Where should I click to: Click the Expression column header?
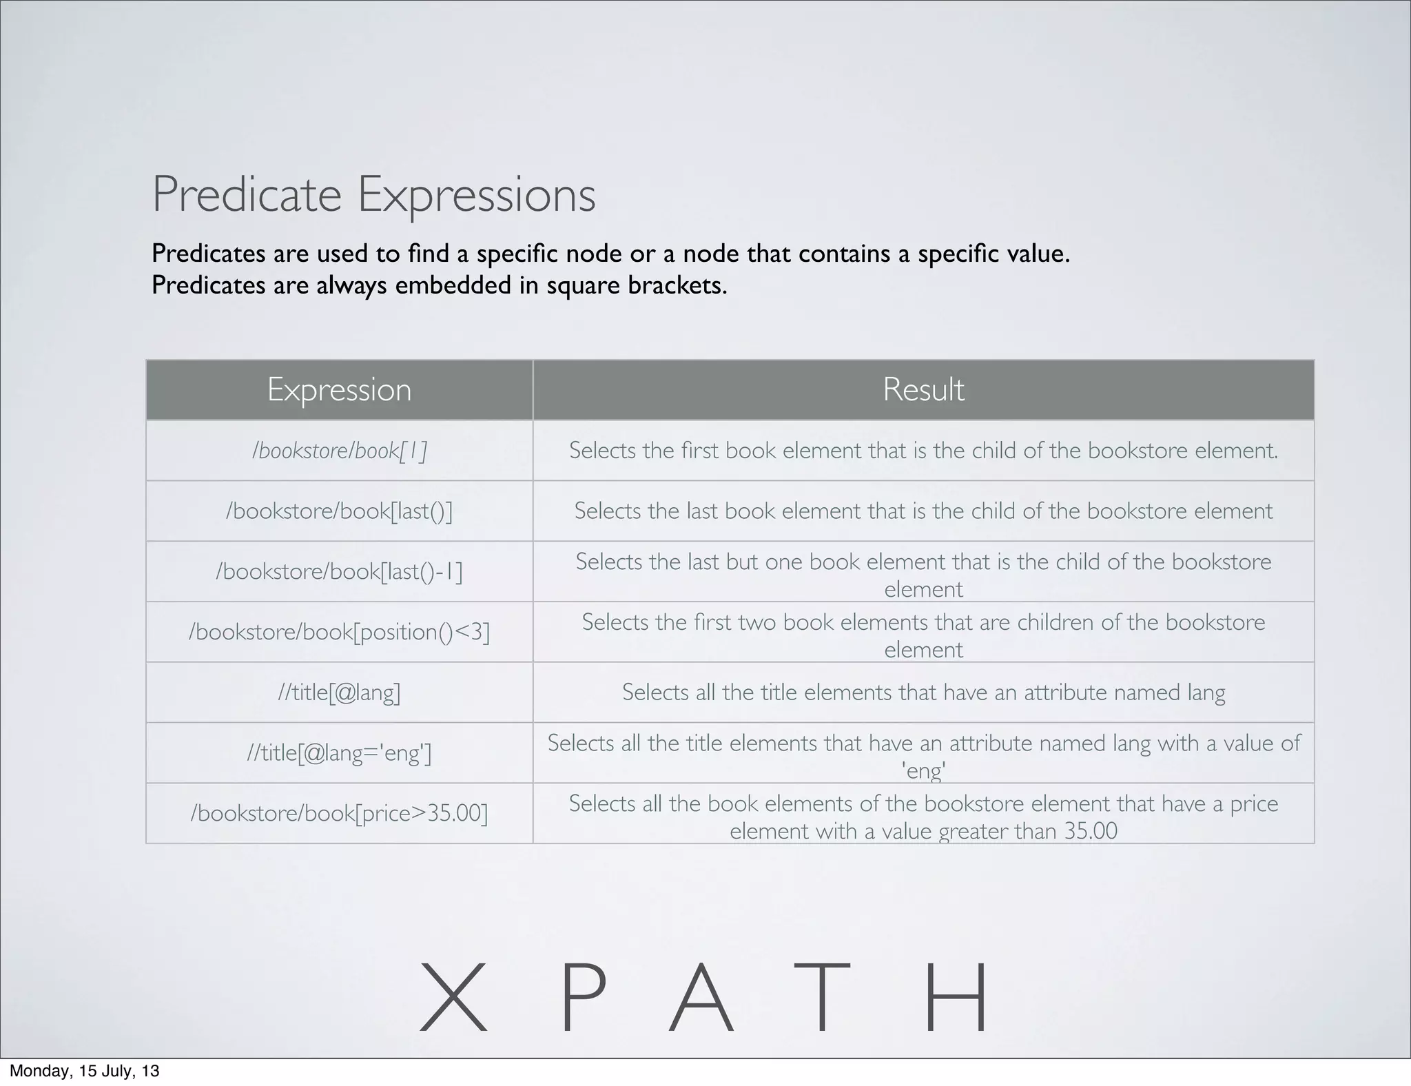coord(339,390)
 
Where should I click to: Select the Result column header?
coord(923,390)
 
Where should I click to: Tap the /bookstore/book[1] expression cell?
coord(339,451)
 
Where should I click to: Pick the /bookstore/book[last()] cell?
coord(339,511)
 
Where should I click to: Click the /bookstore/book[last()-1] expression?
coord(339,572)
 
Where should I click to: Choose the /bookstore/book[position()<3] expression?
coord(339,632)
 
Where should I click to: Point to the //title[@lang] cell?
coord(339,693)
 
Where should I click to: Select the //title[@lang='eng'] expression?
coord(339,753)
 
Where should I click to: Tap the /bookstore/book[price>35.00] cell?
coord(339,814)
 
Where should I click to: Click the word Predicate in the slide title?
coord(246,195)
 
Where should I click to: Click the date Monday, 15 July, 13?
coord(84,1071)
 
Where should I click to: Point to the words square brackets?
coord(637,285)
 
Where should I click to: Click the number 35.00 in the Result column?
coord(1090,831)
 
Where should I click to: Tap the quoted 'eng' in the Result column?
coord(923,770)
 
